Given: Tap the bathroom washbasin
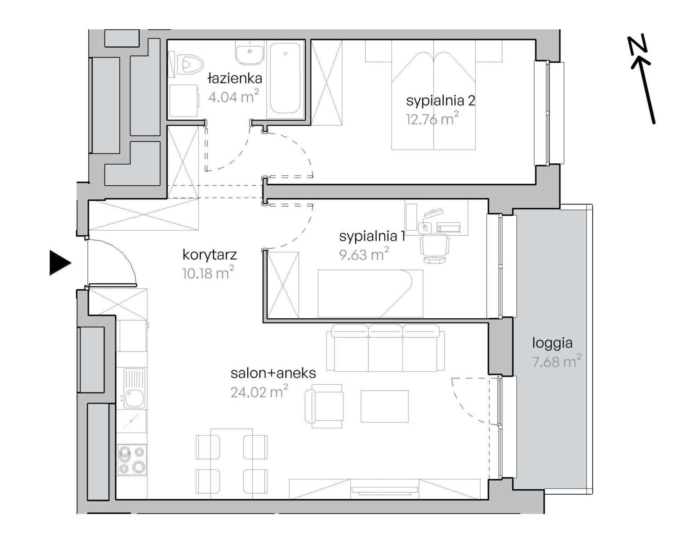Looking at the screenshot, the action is pyautogui.click(x=250, y=53).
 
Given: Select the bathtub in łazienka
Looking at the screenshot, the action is pyautogui.click(x=285, y=79).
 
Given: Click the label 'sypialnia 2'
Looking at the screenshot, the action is pyautogui.click(x=441, y=101).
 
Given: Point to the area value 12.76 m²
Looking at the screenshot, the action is pyautogui.click(x=432, y=119).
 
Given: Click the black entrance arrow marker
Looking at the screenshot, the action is pyautogui.click(x=60, y=263).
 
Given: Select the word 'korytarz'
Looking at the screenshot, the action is pyautogui.click(x=209, y=255).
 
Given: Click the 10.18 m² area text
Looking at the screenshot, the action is pyautogui.click(x=208, y=273).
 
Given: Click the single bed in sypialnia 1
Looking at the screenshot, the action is pyautogui.click(x=370, y=293).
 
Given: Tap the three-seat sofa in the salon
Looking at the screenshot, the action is pyautogui.click(x=386, y=348).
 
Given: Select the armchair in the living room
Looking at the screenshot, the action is pyautogui.click(x=324, y=406).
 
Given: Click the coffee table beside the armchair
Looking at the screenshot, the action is pyautogui.click(x=385, y=406).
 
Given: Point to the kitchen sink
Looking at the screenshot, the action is pyautogui.click(x=134, y=388).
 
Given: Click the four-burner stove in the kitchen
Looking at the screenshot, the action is pyautogui.click(x=132, y=460).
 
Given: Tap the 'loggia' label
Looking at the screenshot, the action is pyautogui.click(x=552, y=343).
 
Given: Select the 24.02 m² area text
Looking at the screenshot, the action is pyautogui.click(x=259, y=392).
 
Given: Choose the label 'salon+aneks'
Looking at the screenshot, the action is pyautogui.click(x=273, y=373).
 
